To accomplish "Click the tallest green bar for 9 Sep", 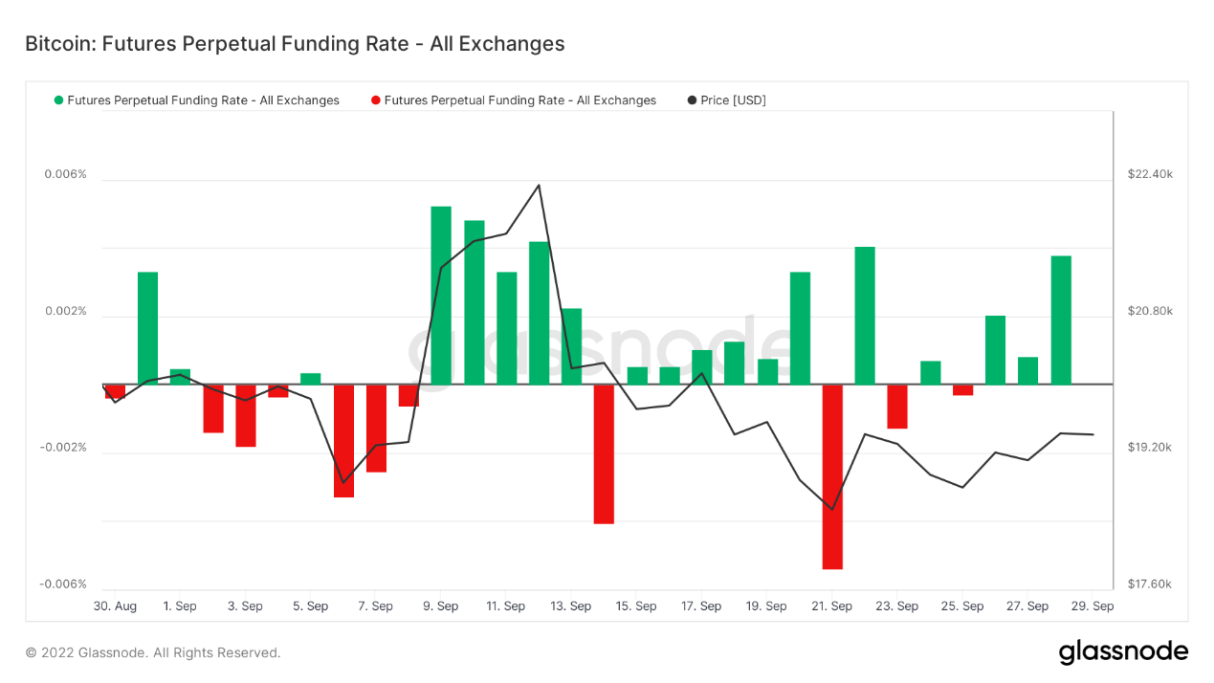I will pos(441,295).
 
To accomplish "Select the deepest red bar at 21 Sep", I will pos(832,476).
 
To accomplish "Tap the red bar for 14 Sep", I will pos(604,453).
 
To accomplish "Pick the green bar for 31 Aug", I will pos(147,328).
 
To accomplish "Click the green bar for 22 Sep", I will pos(865,316).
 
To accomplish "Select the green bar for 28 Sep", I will pos(1061,319).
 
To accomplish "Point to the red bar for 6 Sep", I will pos(343,440).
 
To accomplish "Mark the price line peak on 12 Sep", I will pos(539,185).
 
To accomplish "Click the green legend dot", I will pos(59,100).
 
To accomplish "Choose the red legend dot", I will pos(376,100).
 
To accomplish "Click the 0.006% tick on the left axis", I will pos(65,174).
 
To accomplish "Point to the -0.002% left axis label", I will pos(63,448).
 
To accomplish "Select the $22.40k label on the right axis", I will pos(1150,174).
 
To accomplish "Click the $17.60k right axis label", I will pos(1150,584).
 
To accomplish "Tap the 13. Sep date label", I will pos(571,606).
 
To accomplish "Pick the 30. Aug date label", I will pos(115,606).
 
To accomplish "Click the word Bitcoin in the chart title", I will pos(57,44).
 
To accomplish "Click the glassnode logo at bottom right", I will pos(1123,652).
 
